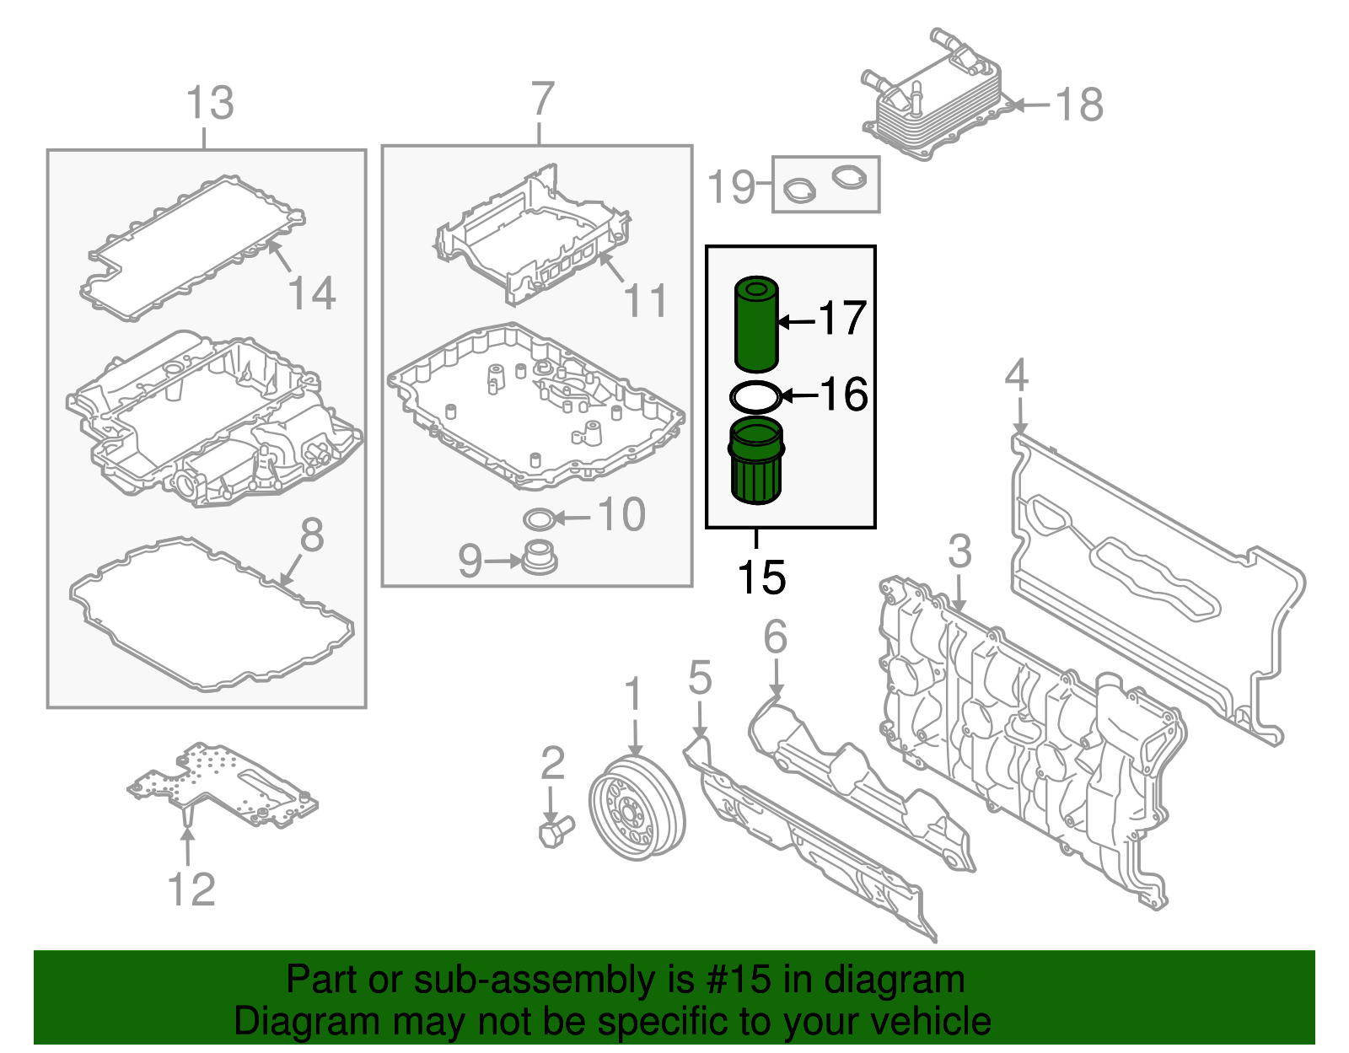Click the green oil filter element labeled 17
click(756, 325)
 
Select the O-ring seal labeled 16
click(755, 396)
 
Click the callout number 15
click(760, 578)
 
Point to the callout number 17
click(842, 319)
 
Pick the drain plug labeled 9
click(540, 559)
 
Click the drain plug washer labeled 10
click(540, 518)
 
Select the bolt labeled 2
click(555, 831)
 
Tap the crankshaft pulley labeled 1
click(637, 807)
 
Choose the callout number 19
click(730, 186)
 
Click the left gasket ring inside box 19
click(799, 190)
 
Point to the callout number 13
click(209, 104)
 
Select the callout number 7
click(542, 99)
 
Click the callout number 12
click(191, 889)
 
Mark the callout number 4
click(1017, 375)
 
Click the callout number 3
click(959, 552)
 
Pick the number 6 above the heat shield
click(775, 637)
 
